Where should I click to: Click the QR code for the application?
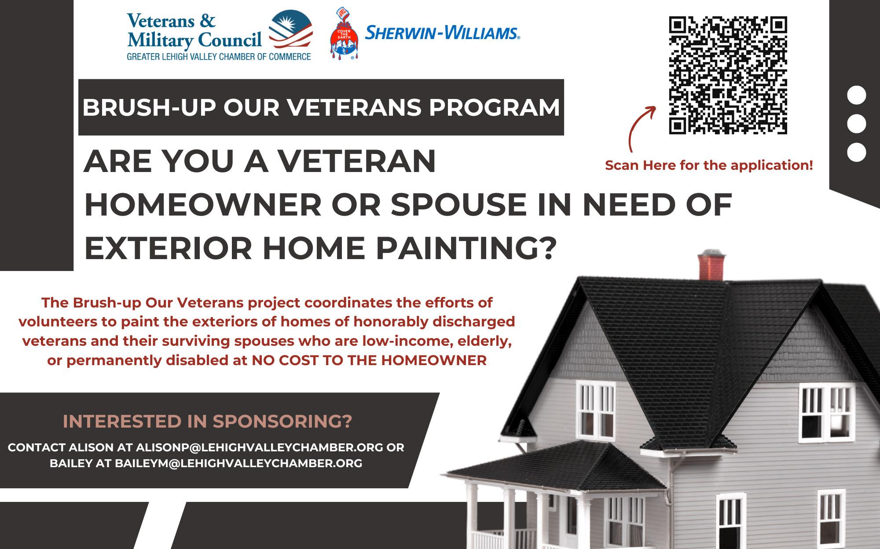pos(728,75)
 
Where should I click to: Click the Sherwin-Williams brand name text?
pos(442,33)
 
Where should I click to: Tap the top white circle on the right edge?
pos(856,95)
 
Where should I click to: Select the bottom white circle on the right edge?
pos(856,152)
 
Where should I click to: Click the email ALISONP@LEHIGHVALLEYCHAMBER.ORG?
pos(259,447)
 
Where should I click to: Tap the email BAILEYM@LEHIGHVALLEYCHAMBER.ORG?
pos(238,463)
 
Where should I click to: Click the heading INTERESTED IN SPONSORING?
pos(207,421)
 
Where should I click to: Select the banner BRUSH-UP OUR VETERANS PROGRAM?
pos(321,107)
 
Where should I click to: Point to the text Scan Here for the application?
pos(709,165)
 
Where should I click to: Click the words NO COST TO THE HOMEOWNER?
pos(369,361)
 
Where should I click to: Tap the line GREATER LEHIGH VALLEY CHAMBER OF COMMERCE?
pos(219,56)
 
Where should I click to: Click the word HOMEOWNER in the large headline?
pos(203,205)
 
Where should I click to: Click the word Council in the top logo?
pos(229,41)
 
